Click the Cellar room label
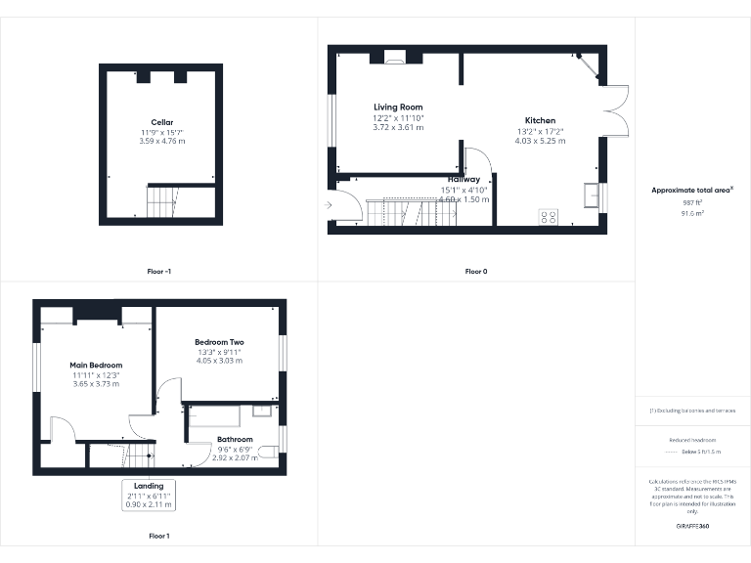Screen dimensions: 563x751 162,122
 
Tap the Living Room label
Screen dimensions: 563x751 398,107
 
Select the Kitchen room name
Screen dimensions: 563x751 539,120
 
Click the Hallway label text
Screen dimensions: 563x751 464,180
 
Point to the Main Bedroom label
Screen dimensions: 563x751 96,365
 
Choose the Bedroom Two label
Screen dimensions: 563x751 219,342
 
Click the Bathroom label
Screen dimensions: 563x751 235,439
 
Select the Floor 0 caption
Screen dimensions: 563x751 477,272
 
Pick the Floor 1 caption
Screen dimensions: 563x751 158,536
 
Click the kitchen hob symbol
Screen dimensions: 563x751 548,217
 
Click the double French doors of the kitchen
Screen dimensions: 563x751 614,110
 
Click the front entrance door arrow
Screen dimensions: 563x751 330,204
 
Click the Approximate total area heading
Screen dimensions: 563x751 692,190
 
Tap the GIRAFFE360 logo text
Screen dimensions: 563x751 692,527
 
